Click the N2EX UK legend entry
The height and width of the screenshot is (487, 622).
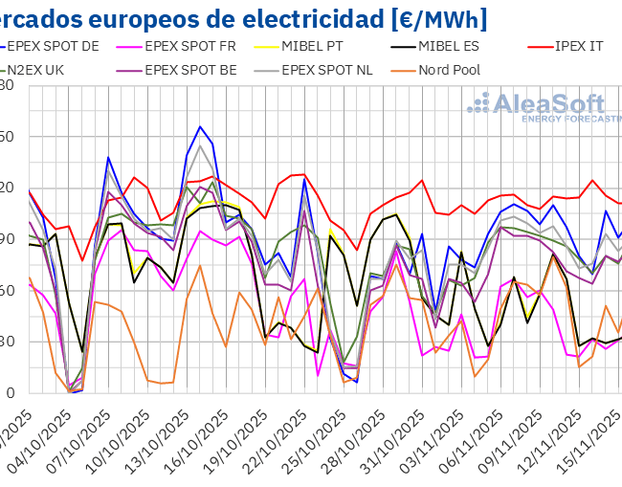tap(42, 69)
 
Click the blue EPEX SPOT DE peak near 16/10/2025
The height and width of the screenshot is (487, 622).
tap(200, 126)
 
